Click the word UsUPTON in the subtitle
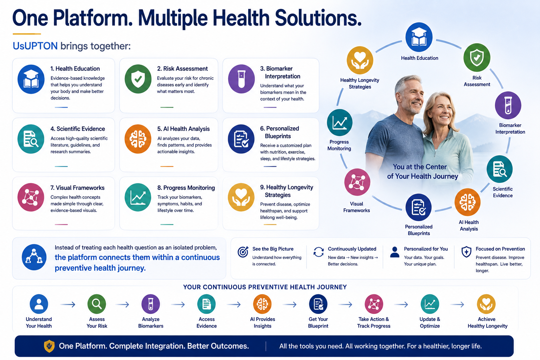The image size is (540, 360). point(35,46)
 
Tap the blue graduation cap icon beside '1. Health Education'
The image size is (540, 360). point(31,79)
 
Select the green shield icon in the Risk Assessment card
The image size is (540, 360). point(138,79)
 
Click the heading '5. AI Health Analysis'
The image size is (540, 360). point(184,129)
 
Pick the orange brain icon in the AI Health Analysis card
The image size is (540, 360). point(138,139)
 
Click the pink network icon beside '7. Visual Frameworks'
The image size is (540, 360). point(31,197)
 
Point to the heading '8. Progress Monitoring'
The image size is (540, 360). point(186,188)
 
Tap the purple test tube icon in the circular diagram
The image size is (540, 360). point(508,105)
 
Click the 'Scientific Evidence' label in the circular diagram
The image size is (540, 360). point(503,192)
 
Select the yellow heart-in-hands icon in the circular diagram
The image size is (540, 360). point(360,60)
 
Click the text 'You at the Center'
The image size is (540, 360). point(420,167)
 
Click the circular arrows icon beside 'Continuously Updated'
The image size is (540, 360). point(319,252)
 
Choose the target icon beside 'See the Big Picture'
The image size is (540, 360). point(243,252)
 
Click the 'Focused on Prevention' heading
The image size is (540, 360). point(500,249)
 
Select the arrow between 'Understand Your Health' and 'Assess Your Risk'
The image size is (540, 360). point(68,304)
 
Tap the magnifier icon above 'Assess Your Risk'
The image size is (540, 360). point(97,304)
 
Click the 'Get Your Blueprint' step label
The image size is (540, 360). point(318,322)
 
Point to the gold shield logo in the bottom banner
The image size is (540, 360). point(49,346)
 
